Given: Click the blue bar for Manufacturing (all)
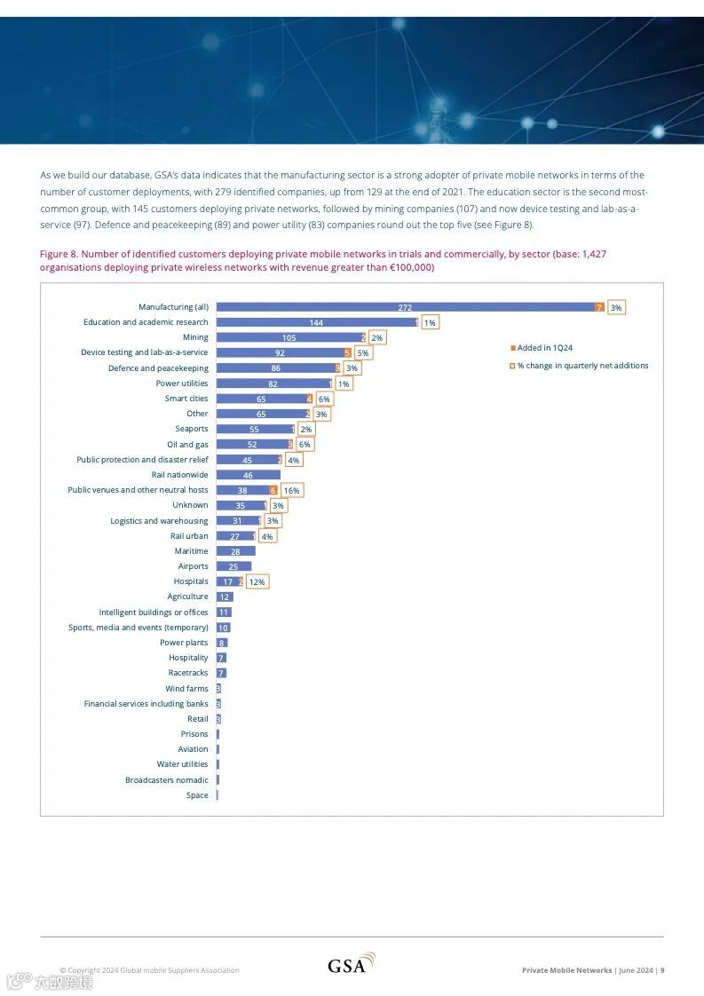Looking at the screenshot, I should (405, 307).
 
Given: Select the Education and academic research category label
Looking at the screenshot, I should (146, 322).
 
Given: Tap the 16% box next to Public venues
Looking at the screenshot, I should (292, 490).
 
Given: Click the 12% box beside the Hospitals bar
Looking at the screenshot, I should (257, 581).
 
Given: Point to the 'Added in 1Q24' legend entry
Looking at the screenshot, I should (544, 348).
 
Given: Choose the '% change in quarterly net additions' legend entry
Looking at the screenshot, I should (582, 366).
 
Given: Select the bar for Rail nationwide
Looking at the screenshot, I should (248, 475).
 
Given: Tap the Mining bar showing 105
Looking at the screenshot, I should (289, 337).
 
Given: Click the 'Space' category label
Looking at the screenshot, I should (197, 795).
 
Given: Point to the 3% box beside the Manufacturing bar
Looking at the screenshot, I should (616, 307).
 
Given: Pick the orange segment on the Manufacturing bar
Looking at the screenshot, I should (599, 307).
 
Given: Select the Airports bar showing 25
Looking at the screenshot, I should (233, 566).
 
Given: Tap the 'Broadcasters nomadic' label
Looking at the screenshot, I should (167, 780).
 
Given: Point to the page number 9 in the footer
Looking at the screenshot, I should (662, 970).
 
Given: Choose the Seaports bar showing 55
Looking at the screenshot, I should (254, 429).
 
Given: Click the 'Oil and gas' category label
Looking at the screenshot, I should (187, 444).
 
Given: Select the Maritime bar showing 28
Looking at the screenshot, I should (235, 551).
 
